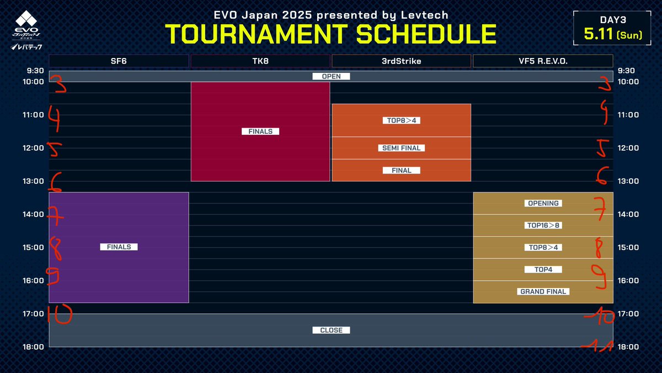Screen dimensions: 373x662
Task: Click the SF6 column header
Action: (x=119, y=61)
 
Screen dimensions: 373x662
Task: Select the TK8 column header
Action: (x=260, y=61)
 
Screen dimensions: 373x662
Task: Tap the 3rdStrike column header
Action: (x=401, y=61)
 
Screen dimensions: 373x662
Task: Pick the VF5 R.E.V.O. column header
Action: (x=543, y=61)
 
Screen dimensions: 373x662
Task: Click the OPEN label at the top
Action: (x=331, y=76)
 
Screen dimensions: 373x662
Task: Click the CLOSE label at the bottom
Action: (x=331, y=330)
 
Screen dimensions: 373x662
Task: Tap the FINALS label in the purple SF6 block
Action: (x=119, y=247)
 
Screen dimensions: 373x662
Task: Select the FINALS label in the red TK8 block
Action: (x=260, y=132)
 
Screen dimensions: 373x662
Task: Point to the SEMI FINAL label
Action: (x=401, y=148)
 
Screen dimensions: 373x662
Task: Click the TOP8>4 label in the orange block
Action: (x=401, y=120)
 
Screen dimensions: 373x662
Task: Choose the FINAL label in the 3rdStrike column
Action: (x=401, y=170)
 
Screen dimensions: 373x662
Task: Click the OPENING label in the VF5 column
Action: (x=543, y=203)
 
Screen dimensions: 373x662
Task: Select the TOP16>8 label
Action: (x=543, y=225)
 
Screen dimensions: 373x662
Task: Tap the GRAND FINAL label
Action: (x=543, y=292)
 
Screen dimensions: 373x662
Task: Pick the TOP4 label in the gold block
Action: (x=543, y=270)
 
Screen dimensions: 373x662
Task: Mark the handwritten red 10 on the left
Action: (x=60, y=315)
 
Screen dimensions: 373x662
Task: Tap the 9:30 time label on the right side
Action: (x=626, y=71)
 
